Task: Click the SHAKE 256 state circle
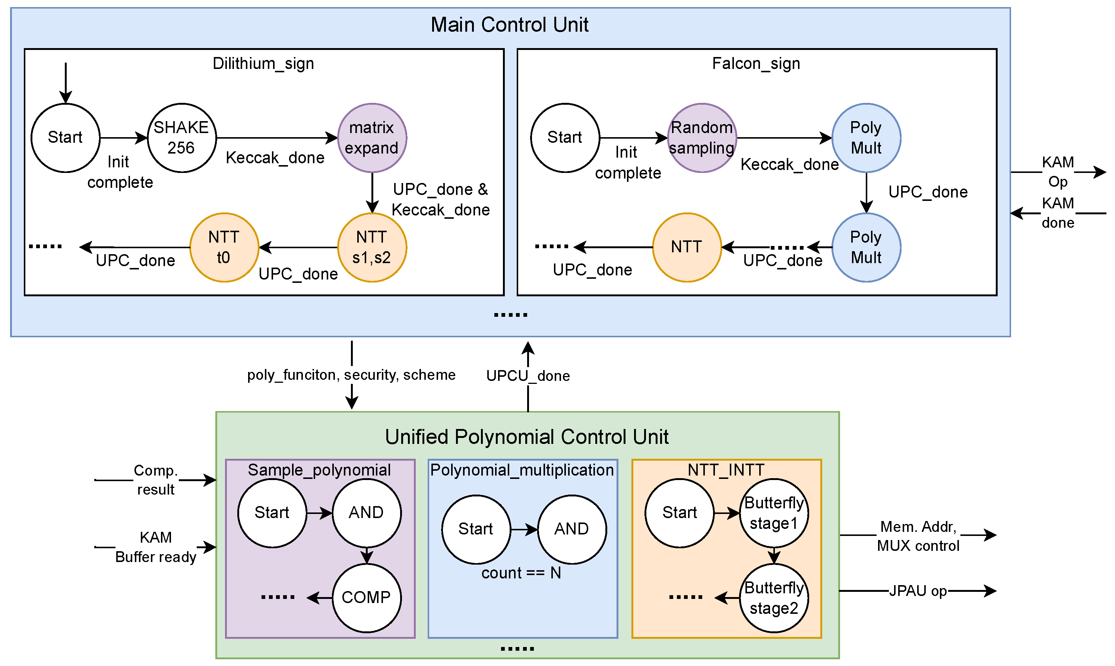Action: click(182, 138)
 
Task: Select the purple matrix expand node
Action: click(372, 138)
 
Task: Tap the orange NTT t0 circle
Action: click(224, 247)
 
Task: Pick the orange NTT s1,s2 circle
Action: click(372, 247)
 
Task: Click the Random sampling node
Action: click(702, 138)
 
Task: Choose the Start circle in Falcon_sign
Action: click(565, 138)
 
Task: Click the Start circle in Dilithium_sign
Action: click(66, 138)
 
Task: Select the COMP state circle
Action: click(367, 598)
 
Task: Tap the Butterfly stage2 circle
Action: click(774, 598)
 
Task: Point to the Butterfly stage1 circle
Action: click(774, 513)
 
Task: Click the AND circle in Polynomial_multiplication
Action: click(572, 530)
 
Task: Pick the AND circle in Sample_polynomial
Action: click(367, 513)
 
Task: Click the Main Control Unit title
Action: click(510, 25)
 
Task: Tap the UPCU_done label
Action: click(528, 376)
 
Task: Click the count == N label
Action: click(521, 573)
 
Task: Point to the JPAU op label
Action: click(918, 591)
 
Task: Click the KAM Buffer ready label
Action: click(156, 547)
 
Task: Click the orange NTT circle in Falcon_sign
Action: click(687, 247)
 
